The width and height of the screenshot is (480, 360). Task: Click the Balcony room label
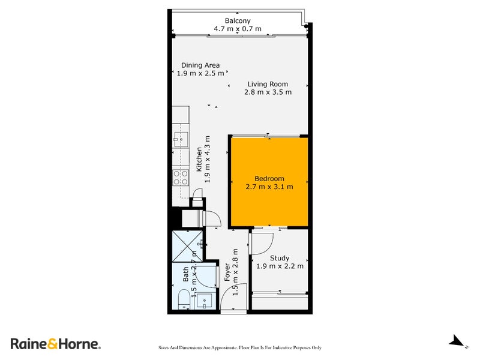238,20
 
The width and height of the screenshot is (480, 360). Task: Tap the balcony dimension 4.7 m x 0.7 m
238,29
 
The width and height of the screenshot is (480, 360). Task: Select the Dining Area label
200,65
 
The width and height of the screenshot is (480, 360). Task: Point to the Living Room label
268,84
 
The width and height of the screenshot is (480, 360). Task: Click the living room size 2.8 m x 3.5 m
268,92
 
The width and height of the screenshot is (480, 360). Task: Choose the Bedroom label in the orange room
269,179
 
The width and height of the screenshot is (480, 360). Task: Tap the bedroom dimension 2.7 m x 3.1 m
269,187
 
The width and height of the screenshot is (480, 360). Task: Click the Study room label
280,258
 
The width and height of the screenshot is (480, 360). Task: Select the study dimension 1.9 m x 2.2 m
280,266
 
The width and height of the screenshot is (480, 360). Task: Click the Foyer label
227,273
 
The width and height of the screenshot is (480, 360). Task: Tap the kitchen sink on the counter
179,140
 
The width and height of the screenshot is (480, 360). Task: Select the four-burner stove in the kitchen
181,178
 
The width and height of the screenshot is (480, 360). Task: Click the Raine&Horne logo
56,344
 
